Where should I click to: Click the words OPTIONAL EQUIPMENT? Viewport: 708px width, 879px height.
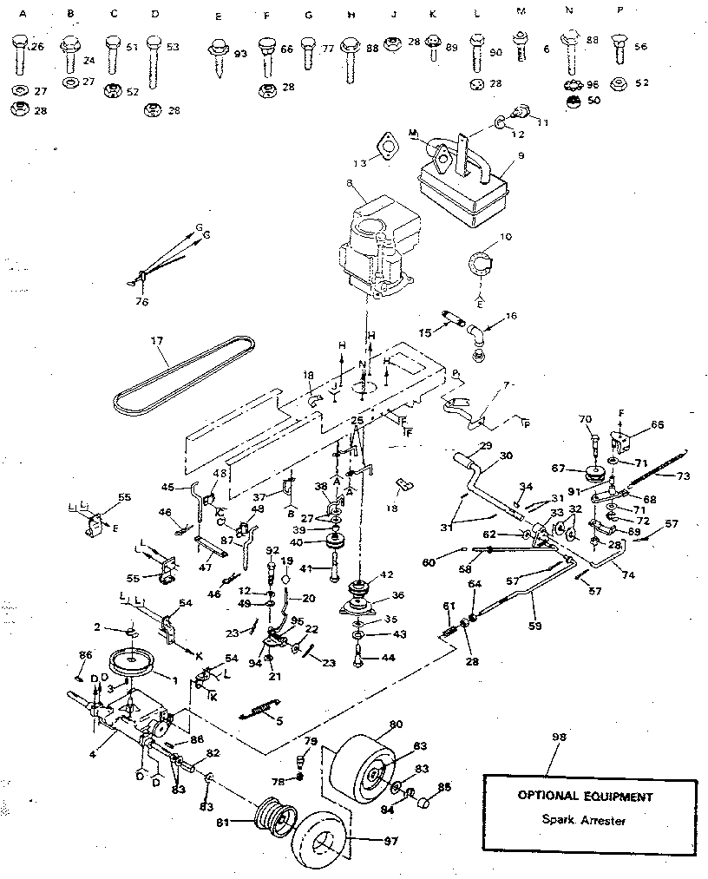[585, 795]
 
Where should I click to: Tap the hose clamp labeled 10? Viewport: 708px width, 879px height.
[480, 259]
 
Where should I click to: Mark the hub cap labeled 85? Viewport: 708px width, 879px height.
[425, 804]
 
